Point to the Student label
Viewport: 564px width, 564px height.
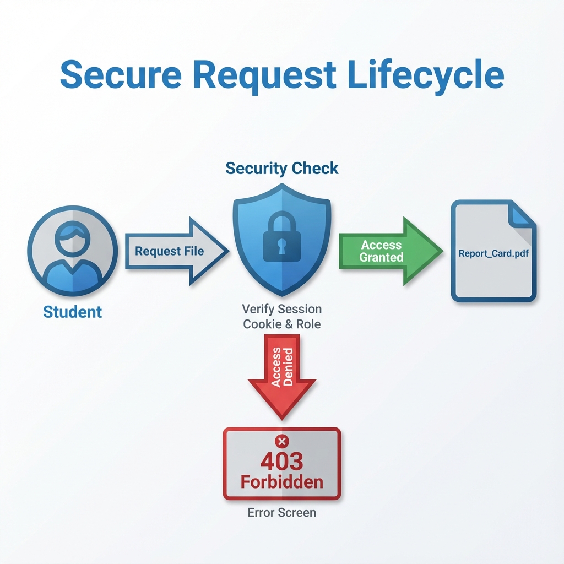pos(72,312)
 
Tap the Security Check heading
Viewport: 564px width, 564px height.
pos(281,168)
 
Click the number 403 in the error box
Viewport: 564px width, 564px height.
pos(281,462)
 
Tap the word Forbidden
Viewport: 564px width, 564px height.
pos(281,482)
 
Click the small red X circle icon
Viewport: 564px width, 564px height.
pos(281,441)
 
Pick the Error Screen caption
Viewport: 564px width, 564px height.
pos(281,513)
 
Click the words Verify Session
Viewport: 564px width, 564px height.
pos(281,309)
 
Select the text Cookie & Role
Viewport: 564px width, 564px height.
pos(281,324)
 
